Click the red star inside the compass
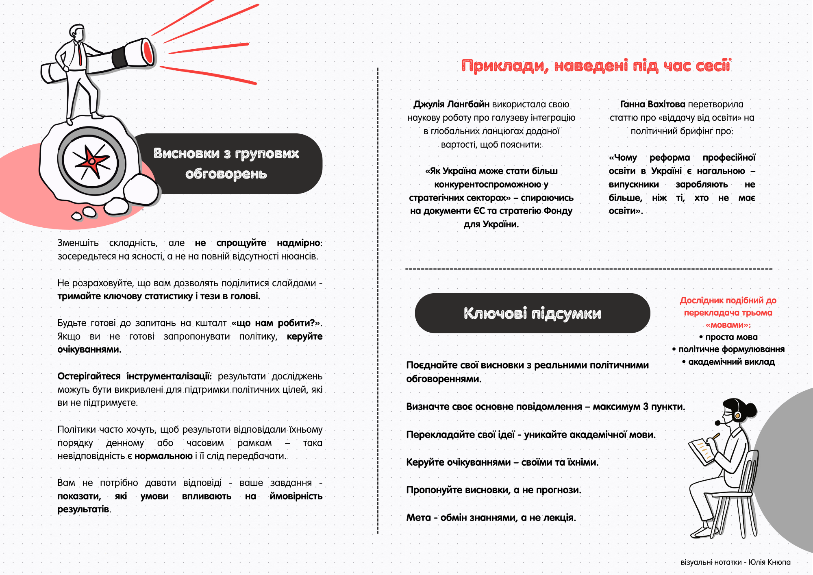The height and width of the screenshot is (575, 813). tap(92, 161)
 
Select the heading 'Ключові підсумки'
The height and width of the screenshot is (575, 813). tap(532, 313)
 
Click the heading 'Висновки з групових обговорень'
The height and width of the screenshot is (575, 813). tap(226, 163)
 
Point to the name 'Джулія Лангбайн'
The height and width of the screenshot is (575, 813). tap(451, 105)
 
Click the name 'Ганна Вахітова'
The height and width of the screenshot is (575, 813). tap(652, 105)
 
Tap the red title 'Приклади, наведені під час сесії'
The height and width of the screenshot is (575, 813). tap(596, 65)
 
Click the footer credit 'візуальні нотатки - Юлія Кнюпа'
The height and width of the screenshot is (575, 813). tap(735, 562)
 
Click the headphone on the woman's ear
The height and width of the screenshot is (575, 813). tap(737, 415)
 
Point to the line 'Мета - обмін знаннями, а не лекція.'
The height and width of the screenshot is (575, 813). tap(491, 518)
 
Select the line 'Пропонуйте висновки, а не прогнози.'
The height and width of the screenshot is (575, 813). tap(493, 490)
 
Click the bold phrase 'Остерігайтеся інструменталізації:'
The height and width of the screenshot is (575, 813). tap(135, 376)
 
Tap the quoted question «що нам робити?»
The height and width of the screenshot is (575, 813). tap(276, 323)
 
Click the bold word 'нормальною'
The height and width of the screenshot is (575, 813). tap(163, 456)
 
